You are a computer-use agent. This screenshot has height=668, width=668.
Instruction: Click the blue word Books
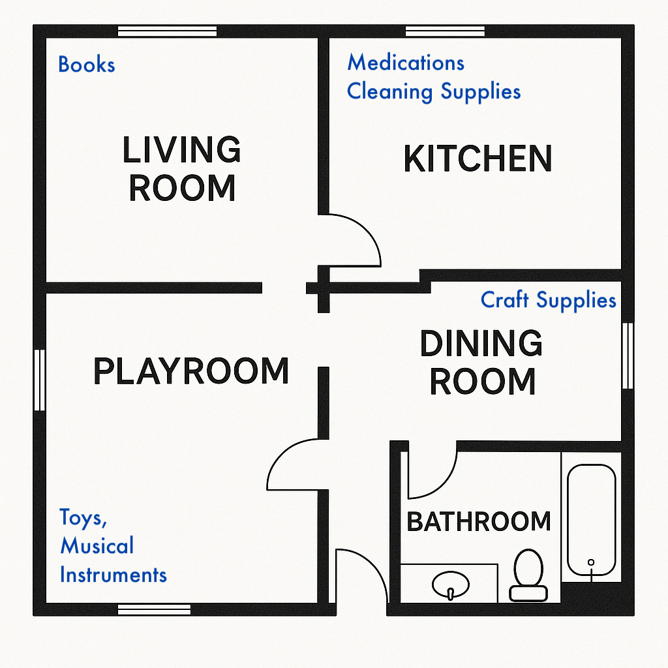87,65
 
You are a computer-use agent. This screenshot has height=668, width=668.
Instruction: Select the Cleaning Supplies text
434,91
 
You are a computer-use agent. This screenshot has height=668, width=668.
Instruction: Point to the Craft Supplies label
548,300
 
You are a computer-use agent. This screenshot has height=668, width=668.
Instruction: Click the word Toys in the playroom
83,517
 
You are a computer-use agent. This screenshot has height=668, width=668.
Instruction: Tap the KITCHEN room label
478,158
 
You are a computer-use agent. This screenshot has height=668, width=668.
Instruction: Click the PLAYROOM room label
191,371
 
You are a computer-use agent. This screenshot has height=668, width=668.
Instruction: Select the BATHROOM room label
479,521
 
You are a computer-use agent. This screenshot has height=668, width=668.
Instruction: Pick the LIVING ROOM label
182,168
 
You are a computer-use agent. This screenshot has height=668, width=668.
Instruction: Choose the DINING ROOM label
482,362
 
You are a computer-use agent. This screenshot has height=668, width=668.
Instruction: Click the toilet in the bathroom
528,575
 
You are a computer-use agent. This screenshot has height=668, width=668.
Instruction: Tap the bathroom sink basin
451,584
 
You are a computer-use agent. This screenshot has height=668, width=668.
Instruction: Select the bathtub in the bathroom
591,520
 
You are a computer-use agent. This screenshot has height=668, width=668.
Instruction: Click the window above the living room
167,31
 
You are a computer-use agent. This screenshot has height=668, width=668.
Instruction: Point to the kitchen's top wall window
445,31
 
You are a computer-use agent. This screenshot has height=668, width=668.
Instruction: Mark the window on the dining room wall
628,356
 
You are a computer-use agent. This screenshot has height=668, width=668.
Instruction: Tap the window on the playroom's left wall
40,380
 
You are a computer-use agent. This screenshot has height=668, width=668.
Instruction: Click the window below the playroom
154,609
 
